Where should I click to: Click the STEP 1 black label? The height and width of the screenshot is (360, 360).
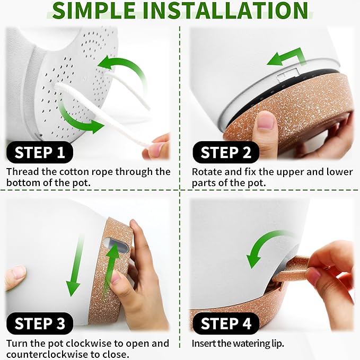[40, 152]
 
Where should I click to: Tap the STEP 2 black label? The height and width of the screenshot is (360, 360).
[226, 152]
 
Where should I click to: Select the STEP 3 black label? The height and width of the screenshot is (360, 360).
[40, 323]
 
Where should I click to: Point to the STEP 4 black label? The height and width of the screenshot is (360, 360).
[226, 323]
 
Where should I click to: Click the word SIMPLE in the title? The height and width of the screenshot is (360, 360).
[94, 10]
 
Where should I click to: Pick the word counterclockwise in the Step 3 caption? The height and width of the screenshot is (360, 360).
[47, 354]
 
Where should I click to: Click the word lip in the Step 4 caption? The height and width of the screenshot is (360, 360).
[278, 344]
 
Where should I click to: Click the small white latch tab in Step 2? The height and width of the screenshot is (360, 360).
[288, 74]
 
